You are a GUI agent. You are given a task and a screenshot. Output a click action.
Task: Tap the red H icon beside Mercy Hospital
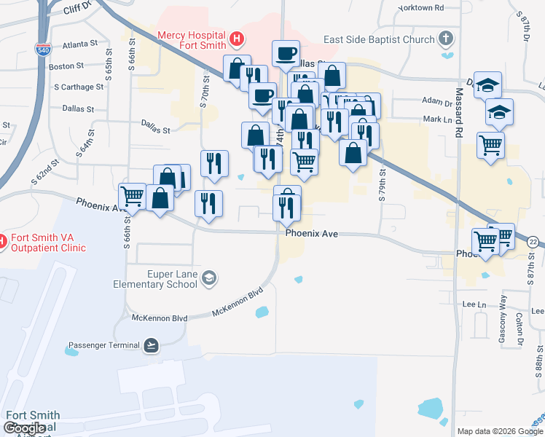pyautogui.click(x=236, y=38)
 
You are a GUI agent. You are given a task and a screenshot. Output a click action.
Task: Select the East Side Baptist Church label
pyautogui.click(x=389, y=39)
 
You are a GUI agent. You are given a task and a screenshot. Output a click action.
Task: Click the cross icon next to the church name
pyautogui.click(x=447, y=39)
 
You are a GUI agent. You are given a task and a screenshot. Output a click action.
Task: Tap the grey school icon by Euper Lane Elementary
pyautogui.click(x=209, y=277)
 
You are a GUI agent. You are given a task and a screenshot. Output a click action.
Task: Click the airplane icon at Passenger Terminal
pyautogui.click(x=151, y=345)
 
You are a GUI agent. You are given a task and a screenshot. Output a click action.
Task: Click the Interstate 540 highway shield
pyautogui.click(x=43, y=49)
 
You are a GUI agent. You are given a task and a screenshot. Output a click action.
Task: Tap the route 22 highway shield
pyautogui.click(x=535, y=242)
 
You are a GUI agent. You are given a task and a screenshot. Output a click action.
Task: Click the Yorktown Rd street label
pyautogui.click(x=421, y=8)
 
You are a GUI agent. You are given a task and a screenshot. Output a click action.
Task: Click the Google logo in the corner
pyautogui.click(x=24, y=428)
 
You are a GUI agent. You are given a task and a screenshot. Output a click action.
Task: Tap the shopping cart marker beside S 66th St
pyautogui.click(x=132, y=195)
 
